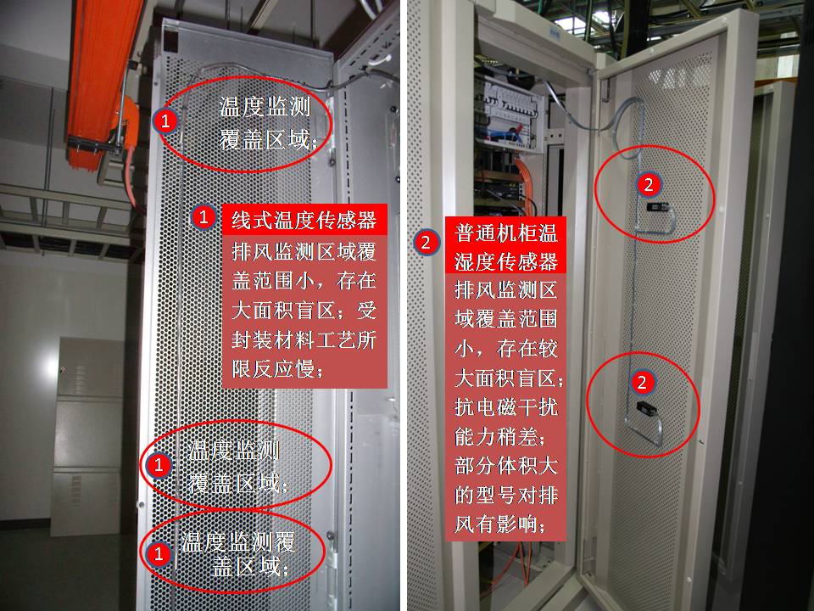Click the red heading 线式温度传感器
pos(304,220)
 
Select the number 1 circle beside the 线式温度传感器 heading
pos(203,216)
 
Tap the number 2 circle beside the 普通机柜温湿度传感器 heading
pos(427,242)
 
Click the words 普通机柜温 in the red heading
pos(505,233)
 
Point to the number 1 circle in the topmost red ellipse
pos(165,121)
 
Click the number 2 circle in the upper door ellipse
pos(649,184)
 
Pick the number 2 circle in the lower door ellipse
pos(642,382)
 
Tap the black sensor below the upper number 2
pos(656,207)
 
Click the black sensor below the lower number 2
pos(646,406)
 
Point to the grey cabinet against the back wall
pos(87,436)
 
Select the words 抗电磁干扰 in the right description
pos(506,406)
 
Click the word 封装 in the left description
pos(253,340)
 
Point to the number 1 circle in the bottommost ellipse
pos(159,553)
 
